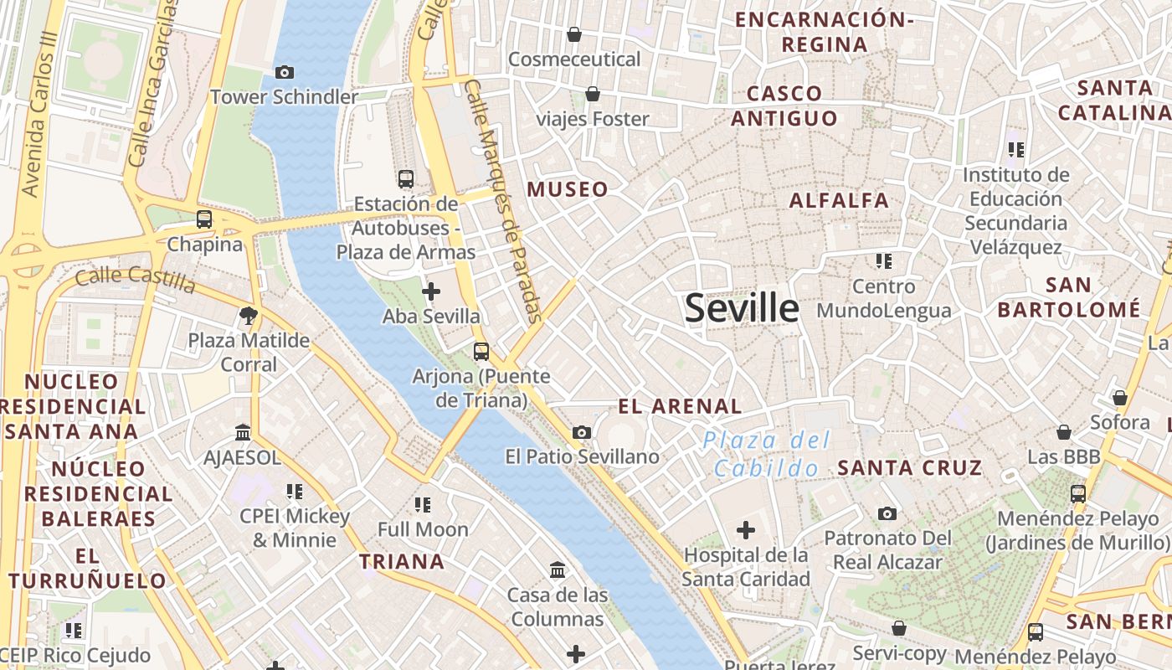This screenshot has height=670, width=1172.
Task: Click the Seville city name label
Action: tap(742, 308)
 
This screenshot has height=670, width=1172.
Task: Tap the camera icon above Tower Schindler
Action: tap(285, 73)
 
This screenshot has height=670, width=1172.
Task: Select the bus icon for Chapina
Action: tap(204, 219)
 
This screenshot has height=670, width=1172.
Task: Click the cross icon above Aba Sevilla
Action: tap(431, 291)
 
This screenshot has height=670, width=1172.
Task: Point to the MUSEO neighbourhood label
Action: tap(568, 189)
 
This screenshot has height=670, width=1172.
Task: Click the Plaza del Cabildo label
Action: tap(766, 454)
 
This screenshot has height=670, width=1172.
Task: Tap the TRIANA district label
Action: tap(402, 561)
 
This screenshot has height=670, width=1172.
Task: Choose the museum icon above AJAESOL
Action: tap(243, 433)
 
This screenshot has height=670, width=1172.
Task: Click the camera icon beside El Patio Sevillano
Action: tap(582, 433)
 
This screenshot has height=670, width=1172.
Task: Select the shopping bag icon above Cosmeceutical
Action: tap(574, 34)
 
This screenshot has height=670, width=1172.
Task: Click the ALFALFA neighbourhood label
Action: tap(839, 201)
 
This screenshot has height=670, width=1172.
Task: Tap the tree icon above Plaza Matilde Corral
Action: tap(248, 316)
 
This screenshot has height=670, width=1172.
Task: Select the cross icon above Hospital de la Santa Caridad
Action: tap(745, 530)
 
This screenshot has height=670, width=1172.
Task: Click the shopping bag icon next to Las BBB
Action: tap(1064, 432)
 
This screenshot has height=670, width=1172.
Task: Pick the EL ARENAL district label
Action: tap(680, 407)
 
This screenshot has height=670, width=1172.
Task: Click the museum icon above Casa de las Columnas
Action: tap(558, 570)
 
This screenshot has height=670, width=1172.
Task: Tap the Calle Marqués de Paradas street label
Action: tap(504, 201)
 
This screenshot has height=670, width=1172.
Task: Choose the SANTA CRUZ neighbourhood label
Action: tap(909, 468)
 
